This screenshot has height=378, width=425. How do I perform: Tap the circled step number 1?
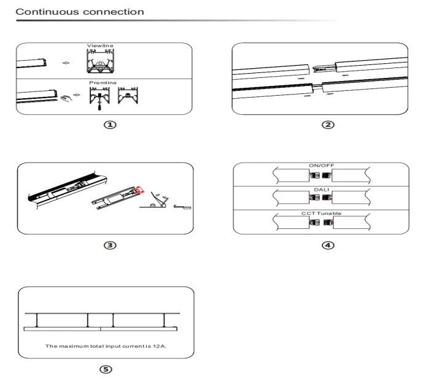[x=109, y=125]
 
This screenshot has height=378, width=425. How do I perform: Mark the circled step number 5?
[x=109, y=371]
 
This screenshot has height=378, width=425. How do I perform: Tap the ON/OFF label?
[x=320, y=166]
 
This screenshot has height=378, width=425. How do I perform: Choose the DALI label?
[x=320, y=190]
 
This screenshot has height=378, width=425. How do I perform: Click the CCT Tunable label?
[x=320, y=213]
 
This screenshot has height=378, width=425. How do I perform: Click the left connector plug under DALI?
[x=314, y=198]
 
